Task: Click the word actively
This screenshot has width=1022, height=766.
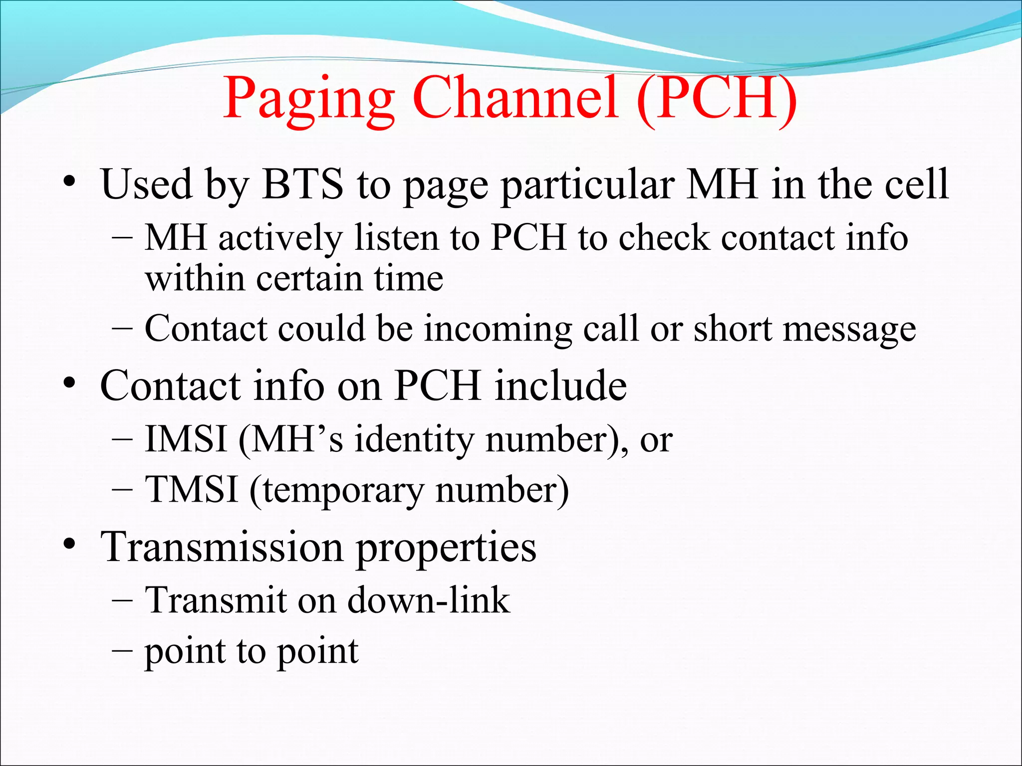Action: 280,238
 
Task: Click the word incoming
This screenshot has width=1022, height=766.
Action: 498,330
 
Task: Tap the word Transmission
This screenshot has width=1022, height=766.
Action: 222,547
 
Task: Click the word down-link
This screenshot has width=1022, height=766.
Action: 429,599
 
